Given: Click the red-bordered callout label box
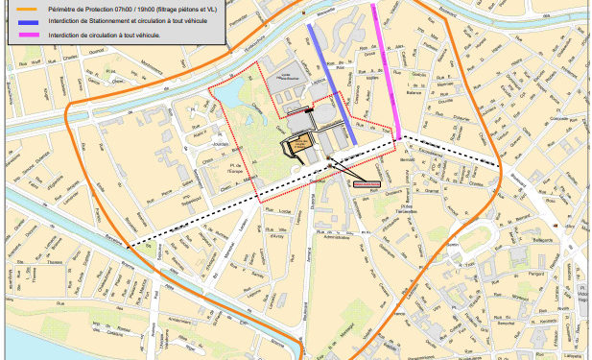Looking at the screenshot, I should [367, 180].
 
